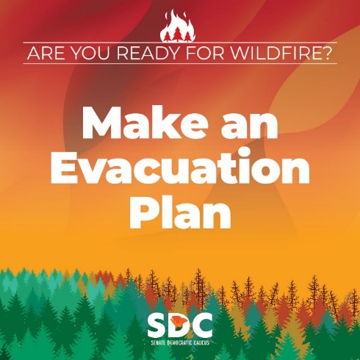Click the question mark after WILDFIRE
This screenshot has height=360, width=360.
(325, 53)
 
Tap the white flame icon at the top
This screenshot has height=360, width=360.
(177, 26)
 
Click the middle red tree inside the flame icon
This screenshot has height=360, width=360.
(177, 34)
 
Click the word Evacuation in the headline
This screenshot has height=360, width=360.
(180, 167)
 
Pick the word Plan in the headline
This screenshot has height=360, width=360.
(180, 212)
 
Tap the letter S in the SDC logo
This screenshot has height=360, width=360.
(158, 325)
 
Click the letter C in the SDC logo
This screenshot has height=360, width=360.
(203, 325)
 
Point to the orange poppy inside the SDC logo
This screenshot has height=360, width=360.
(179, 321)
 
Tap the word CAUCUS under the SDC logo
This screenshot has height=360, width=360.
(201, 342)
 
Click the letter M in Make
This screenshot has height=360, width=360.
(102, 123)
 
